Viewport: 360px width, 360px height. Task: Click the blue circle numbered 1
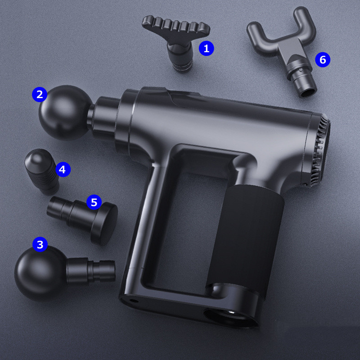[x=206, y=48]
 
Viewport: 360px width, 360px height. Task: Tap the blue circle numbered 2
[x=40, y=94]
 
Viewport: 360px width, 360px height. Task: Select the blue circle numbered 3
[x=40, y=244]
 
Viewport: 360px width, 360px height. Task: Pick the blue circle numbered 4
[x=63, y=170]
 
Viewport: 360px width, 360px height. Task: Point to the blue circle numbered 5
[x=94, y=202]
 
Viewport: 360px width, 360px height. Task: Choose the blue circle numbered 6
[x=323, y=59]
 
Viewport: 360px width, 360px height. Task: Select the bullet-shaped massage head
[x=42, y=171]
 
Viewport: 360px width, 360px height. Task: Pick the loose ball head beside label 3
[x=40, y=273]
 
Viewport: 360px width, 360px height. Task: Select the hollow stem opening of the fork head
[x=308, y=92]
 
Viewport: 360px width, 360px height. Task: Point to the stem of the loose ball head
[x=91, y=271]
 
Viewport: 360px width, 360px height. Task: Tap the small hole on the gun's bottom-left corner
[x=132, y=300]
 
